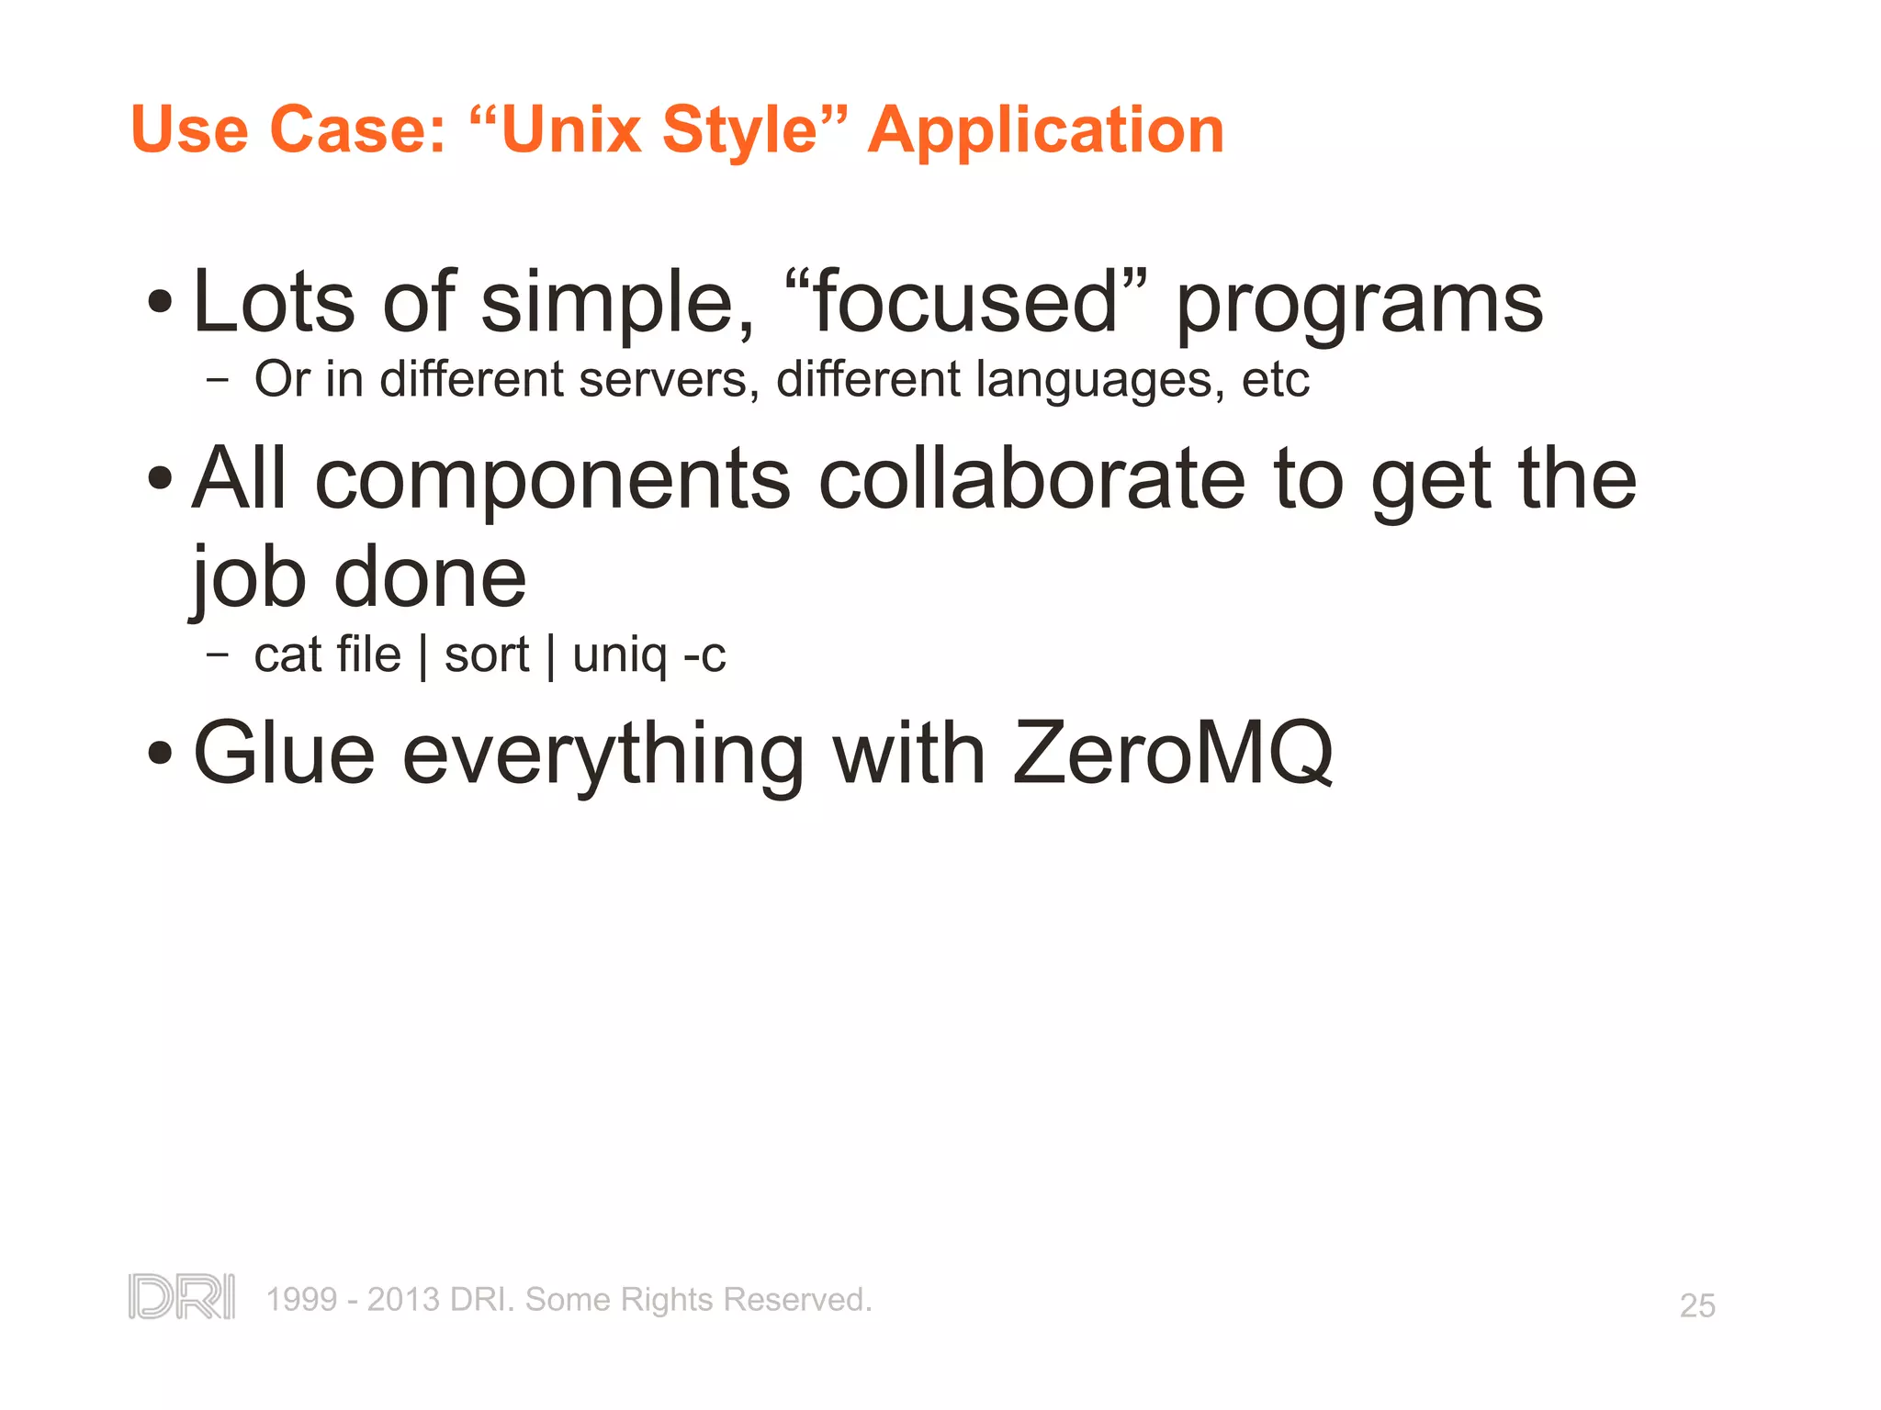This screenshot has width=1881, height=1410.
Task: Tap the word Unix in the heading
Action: pos(570,129)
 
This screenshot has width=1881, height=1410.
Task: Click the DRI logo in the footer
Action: pos(181,1296)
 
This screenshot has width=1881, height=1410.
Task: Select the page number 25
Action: pos(1696,1305)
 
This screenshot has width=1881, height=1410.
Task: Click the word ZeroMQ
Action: pos(1173,754)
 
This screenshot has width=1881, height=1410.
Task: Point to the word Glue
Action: pos(284,754)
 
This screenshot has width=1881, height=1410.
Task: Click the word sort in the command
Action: pos(486,655)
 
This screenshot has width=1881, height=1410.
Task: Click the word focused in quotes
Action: pos(964,302)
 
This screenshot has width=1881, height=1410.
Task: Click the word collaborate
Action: pos(1031,479)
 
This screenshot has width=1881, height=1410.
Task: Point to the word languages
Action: pos(1099,381)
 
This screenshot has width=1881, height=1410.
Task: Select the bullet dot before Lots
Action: pos(160,302)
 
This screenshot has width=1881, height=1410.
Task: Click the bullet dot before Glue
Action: pos(160,754)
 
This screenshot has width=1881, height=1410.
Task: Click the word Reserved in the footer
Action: pos(796,1300)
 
